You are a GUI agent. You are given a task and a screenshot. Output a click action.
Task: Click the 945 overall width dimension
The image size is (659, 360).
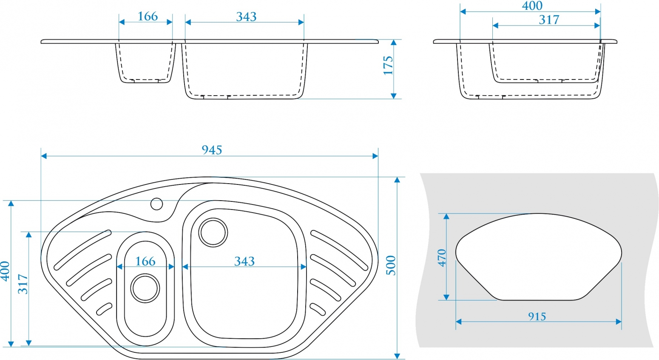212,150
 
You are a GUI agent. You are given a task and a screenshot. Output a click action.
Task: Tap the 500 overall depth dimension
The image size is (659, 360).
391,266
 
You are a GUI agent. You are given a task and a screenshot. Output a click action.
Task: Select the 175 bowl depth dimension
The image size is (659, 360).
388,65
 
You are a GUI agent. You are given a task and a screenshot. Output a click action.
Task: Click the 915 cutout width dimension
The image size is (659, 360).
537,317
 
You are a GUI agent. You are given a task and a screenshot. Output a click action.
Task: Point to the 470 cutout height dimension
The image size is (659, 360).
442,258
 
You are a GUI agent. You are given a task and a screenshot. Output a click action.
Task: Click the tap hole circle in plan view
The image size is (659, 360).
156,204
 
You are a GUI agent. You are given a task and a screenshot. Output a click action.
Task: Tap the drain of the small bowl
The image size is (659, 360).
145,288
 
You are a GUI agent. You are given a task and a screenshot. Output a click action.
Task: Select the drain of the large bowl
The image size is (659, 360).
213,232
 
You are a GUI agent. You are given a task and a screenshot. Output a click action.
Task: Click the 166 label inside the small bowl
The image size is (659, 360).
145,261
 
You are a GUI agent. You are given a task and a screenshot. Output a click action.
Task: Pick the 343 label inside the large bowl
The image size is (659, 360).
244,261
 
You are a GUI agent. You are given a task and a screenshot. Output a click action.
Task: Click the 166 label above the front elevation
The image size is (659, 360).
148,17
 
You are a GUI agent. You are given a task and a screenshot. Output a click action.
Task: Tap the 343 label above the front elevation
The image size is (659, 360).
246,17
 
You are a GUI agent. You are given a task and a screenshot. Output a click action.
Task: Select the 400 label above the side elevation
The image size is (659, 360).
532,6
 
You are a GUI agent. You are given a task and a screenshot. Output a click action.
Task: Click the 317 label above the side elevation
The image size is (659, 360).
549,20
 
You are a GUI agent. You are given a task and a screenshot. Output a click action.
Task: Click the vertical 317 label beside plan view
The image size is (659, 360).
23,284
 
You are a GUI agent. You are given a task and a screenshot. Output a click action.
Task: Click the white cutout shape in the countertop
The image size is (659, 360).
538,257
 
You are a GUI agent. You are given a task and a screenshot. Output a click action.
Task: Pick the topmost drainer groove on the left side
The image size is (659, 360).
82,250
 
